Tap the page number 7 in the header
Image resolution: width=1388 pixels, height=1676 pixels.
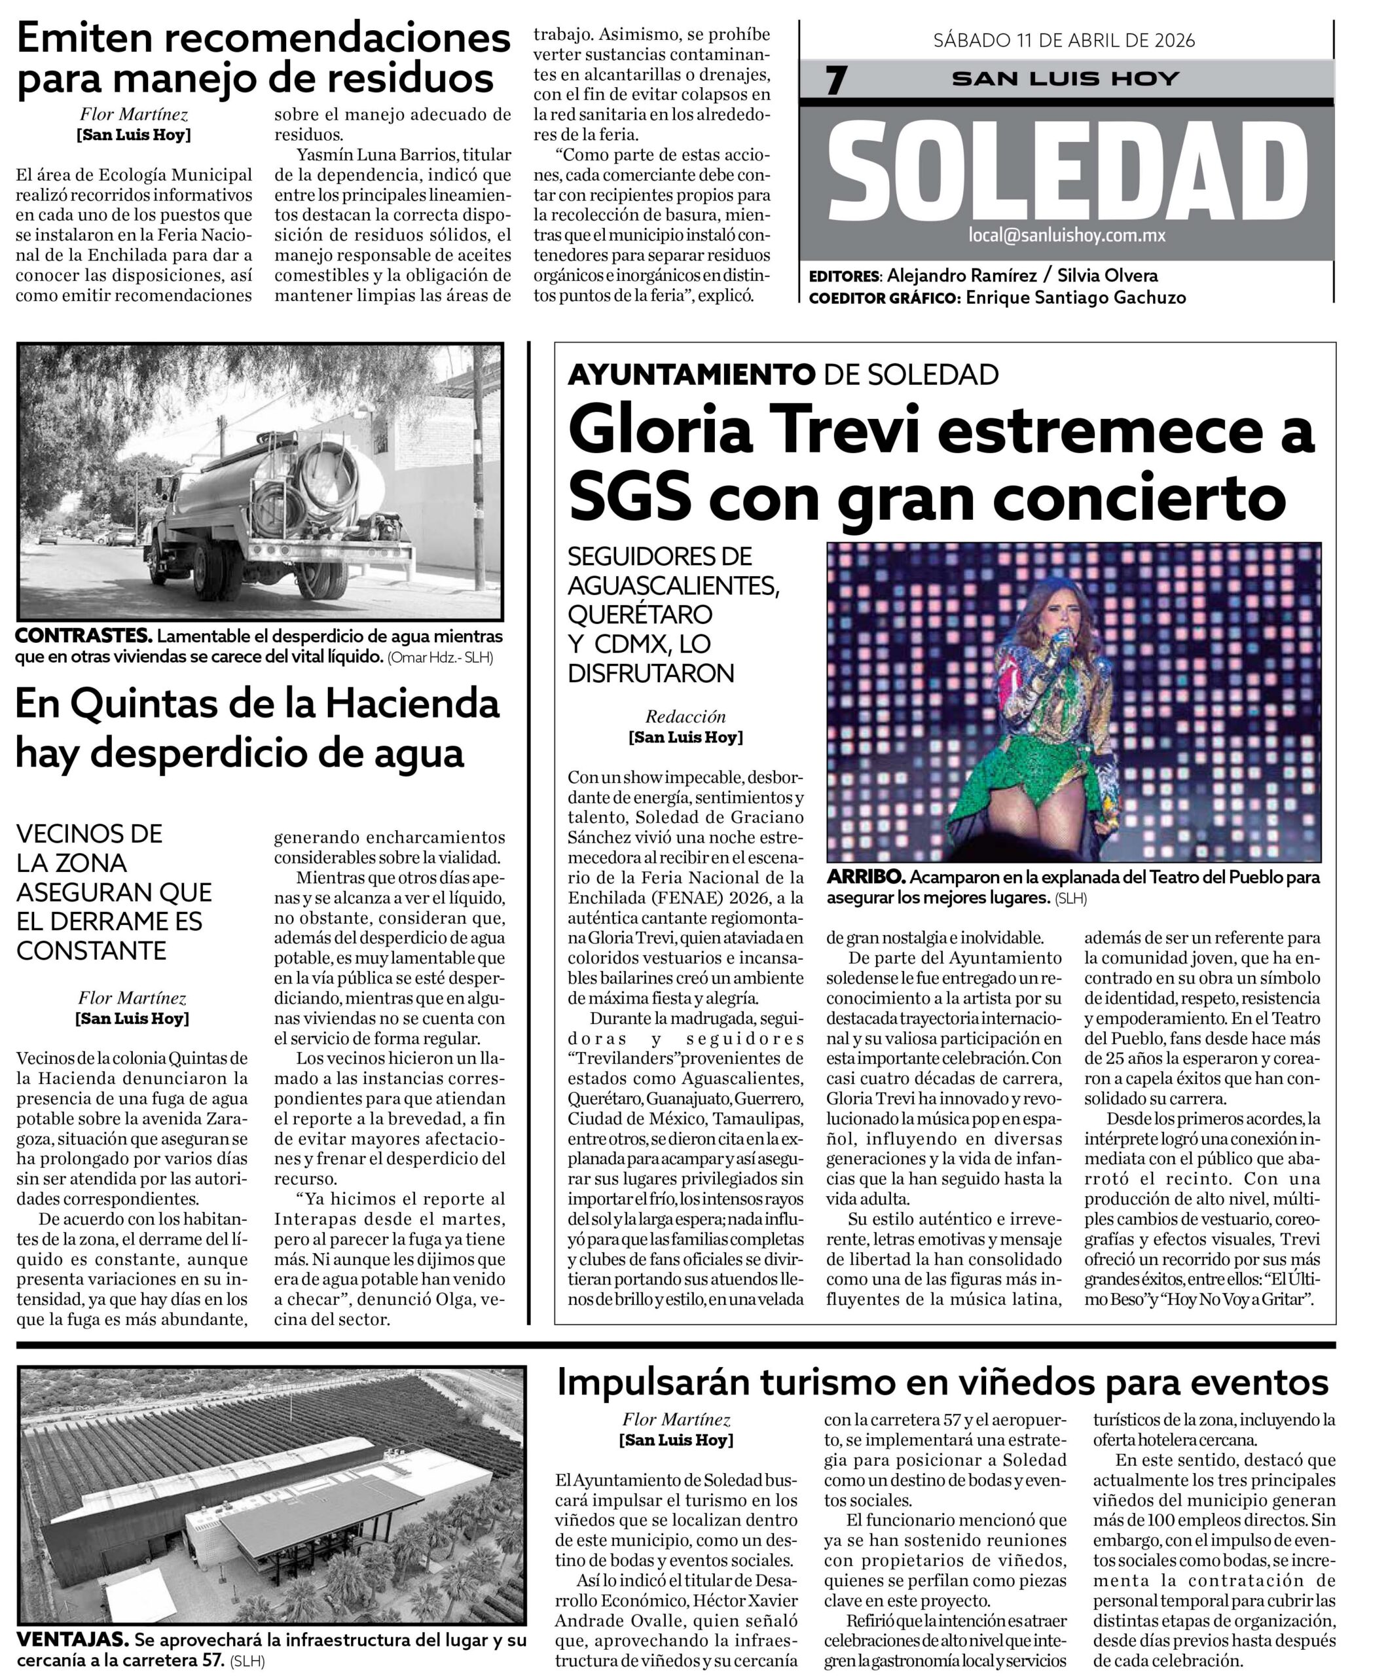pyautogui.click(x=835, y=81)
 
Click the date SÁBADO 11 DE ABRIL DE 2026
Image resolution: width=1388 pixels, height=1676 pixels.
pyautogui.click(x=1064, y=40)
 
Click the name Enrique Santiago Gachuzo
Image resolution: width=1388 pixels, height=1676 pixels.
pyautogui.click(x=1075, y=298)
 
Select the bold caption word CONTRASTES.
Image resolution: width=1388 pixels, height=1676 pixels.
pyautogui.click(x=84, y=637)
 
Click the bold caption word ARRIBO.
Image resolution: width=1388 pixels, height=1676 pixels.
pyautogui.click(x=866, y=877)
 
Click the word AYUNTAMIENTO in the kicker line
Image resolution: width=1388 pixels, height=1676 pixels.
pyautogui.click(x=691, y=374)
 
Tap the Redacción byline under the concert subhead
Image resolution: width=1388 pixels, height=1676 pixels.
pyautogui.click(x=685, y=716)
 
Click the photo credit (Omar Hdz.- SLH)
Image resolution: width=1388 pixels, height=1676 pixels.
pyautogui.click(x=440, y=659)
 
